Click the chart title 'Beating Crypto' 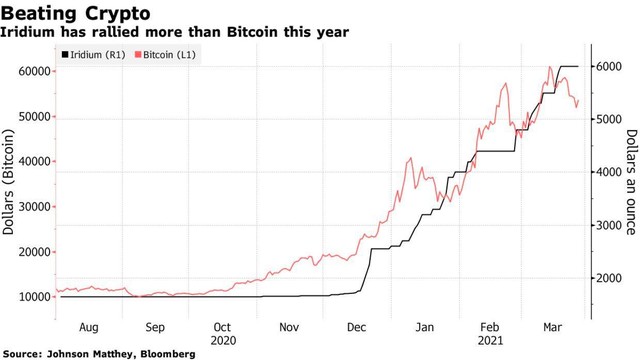pyautogui.click(x=77, y=14)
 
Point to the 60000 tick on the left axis pyautogui.click(x=32, y=71)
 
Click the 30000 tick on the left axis pyautogui.click(x=32, y=206)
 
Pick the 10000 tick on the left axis pyautogui.click(x=32, y=296)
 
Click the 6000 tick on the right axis pyautogui.click(x=611, y=66)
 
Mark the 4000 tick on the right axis pyautogui.click(x=611, y=172)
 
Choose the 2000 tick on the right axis pyautogui.click(x=611, y=278)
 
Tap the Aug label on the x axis pyautogui.click(x=88, y=326)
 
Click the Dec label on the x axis pyautogui.click(x=356, y=326)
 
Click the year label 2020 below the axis pyautogui.click(x=222, y=340)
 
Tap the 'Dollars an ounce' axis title pyautogui.click(x=631, y=183)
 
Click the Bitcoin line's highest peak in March pyautogui.click(x=549, y=67)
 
